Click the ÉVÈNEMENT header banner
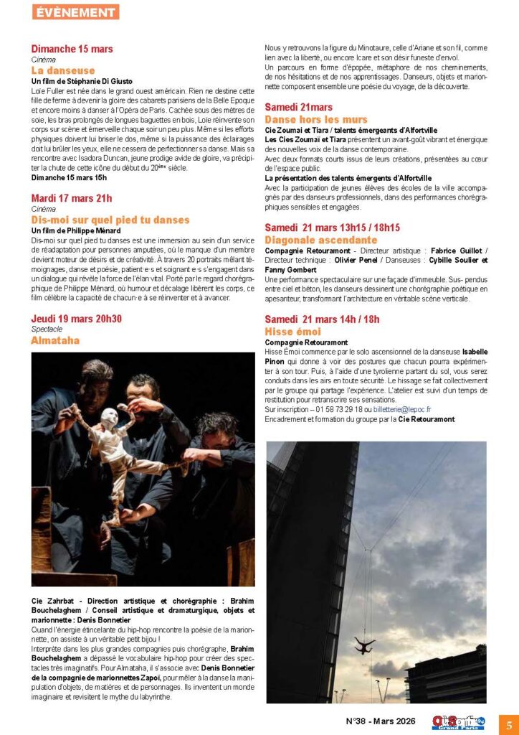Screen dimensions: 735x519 (75, 12)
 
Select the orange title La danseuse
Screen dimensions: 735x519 (63, 70)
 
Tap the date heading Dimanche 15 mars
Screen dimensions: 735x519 (72, 49)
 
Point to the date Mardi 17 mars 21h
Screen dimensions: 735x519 (72, 198)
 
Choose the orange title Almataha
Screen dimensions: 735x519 (55, 340)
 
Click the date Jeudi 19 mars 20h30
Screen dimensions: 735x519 (77, 319)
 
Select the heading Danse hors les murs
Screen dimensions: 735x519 (316, 119)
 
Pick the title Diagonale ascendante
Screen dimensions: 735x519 (320, 239)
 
